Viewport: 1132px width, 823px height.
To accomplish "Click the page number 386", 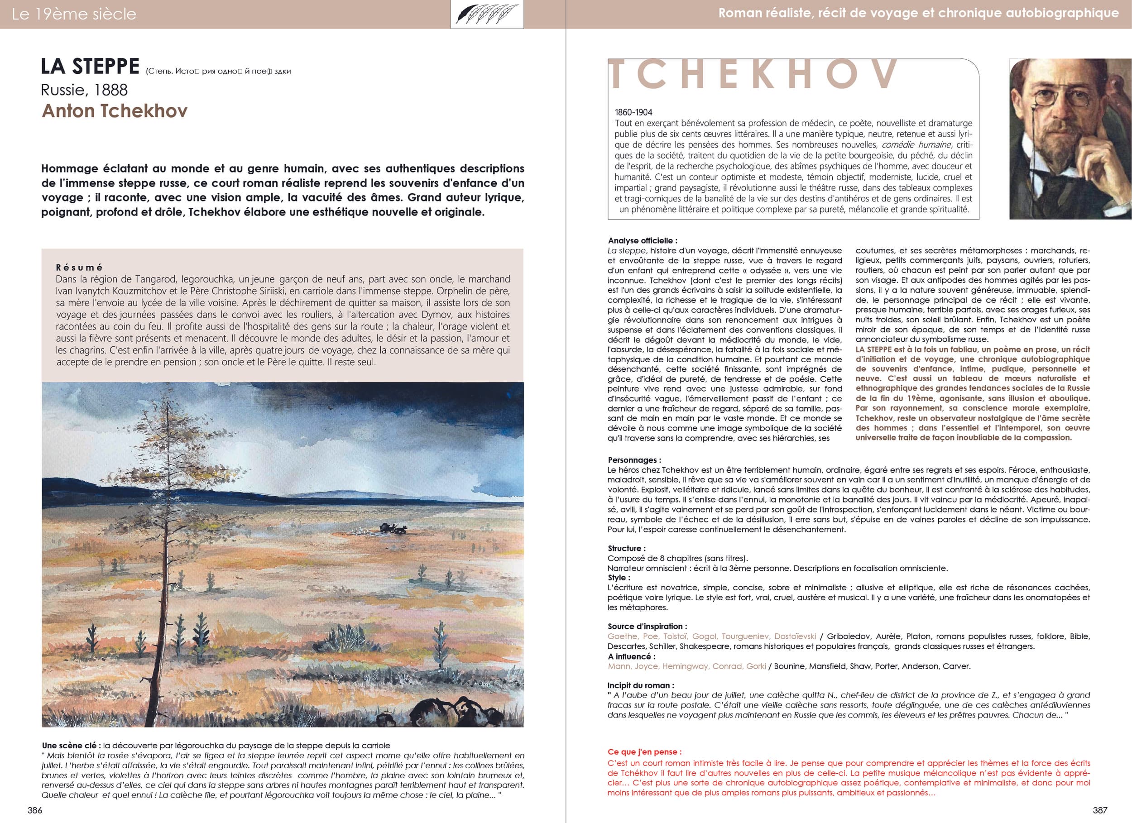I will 35,810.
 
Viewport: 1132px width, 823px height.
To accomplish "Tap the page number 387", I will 1100,810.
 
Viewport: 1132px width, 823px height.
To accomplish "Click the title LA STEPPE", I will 90,67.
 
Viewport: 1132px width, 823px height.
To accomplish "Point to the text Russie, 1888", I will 84,90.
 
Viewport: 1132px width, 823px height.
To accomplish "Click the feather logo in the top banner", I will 487,14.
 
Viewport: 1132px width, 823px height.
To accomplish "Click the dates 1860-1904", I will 633,112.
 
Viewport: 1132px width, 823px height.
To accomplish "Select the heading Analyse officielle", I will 643,240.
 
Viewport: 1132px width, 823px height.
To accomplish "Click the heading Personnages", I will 634,460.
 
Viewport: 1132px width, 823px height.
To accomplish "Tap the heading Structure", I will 626,548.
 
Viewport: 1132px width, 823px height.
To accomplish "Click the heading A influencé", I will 631,656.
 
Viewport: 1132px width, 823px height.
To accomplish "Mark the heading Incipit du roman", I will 640,685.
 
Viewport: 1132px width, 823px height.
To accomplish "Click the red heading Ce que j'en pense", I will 644,751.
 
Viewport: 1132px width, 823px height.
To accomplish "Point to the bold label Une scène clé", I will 70,746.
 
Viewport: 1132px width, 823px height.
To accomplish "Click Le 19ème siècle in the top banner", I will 74,14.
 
